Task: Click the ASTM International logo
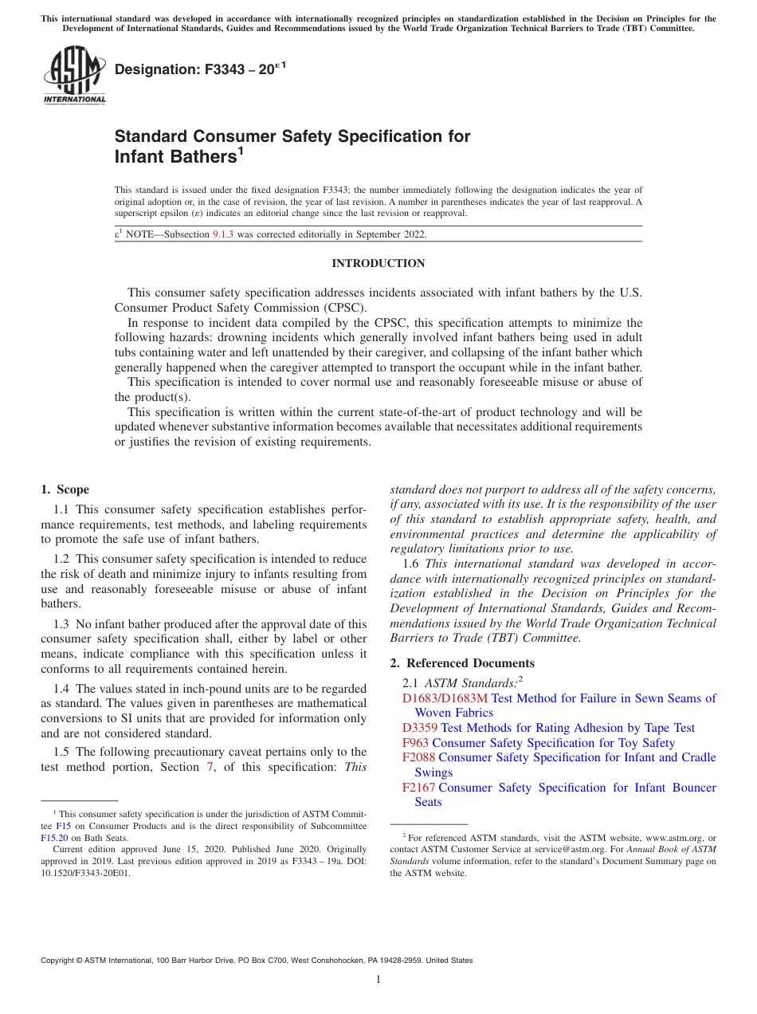[x=74, y=75]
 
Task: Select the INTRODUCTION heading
[x=378, y=264]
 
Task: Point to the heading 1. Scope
[x=65, y=489]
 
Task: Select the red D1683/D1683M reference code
[x=445, y=698]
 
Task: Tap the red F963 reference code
[x=415, y=743]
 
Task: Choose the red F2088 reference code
[x=418, y=757]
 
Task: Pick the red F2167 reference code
[x=418, y=788]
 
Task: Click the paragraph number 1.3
[x=63, y=624]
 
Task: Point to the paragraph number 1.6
[x=411, y=564]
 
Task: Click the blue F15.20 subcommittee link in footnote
[x=53, y=838]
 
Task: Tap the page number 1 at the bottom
[x=378, y=979]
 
